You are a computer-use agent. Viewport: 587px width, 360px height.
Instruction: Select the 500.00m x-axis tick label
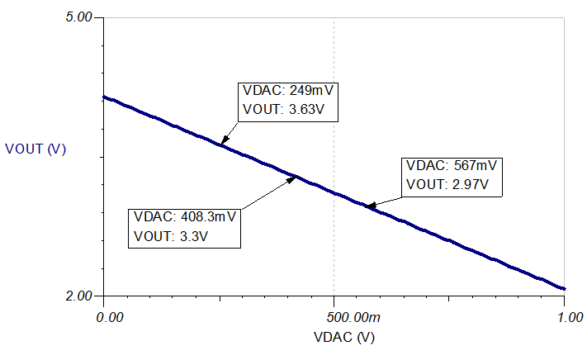(x=334, y=316)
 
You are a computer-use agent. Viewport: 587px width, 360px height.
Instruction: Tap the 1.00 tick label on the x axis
(x=564, y=316)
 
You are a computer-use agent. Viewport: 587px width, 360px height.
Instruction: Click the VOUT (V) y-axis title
(x=36, y=149)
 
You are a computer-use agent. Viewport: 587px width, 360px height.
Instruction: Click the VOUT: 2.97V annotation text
(x=452, y=184)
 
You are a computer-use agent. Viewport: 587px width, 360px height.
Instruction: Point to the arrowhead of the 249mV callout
(x=220, y=144)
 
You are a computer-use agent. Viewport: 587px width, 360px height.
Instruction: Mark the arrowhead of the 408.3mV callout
(x=295, y=176)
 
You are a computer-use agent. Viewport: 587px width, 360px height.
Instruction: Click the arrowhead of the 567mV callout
(x=369, y=206)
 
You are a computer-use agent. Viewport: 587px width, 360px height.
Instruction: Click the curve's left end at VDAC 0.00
(x=103, y=97)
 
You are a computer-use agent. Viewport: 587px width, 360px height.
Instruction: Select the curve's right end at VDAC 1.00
(x=564, y=289)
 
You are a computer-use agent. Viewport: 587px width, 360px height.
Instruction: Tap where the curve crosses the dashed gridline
(x=334, y=192)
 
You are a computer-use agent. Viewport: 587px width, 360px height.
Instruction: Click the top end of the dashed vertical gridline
(x=334, y=18)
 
